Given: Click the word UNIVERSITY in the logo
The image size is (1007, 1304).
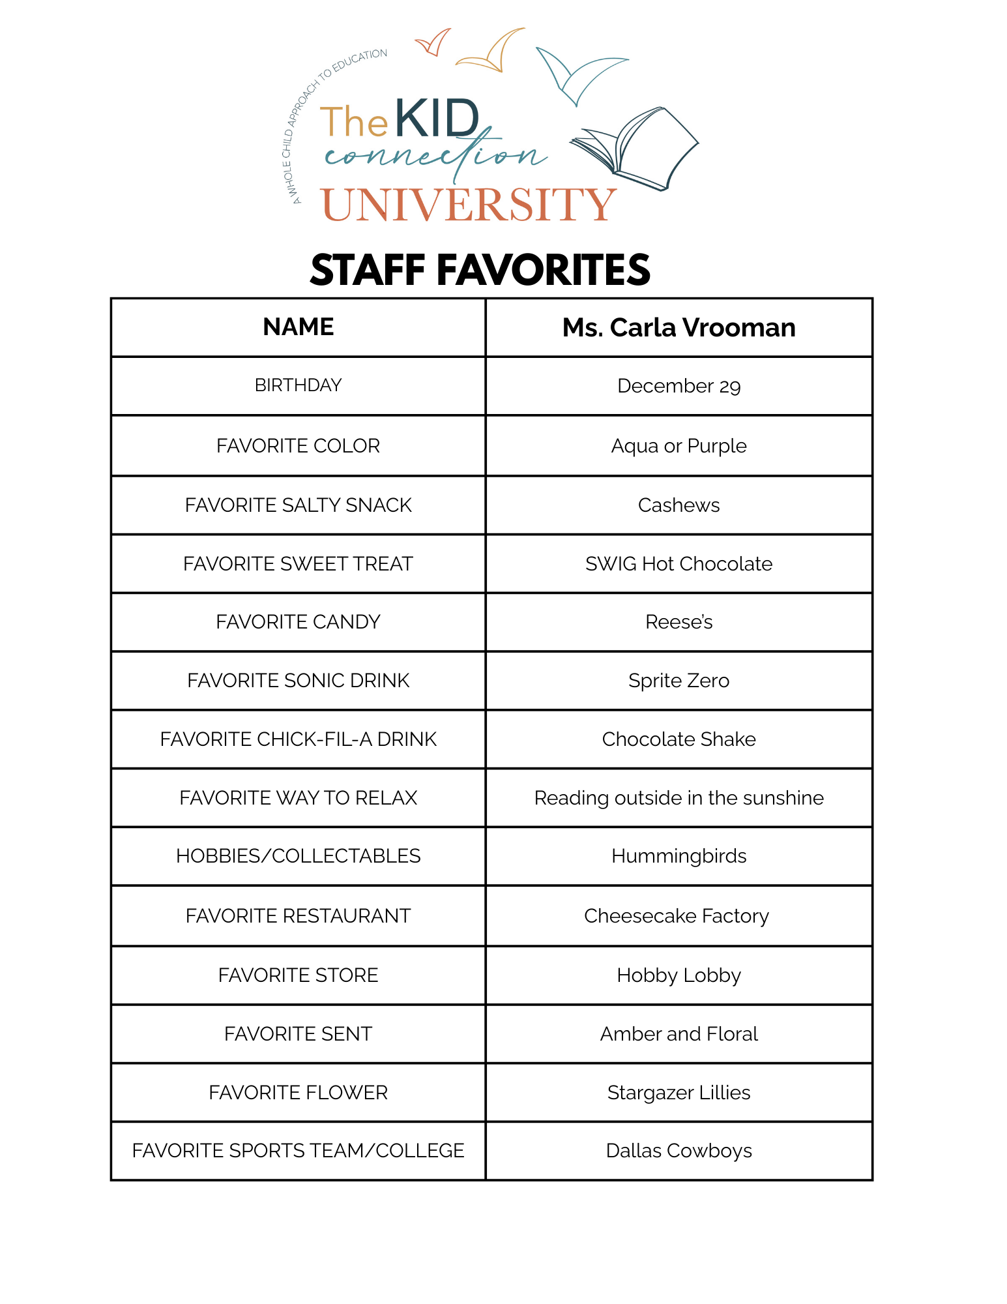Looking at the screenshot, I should pos(468,205).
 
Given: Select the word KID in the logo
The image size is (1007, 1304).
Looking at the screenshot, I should pos(437,119).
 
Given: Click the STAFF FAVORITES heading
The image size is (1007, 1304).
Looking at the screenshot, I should pos(480,270).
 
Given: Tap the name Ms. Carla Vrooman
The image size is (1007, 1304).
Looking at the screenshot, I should pos(679,327).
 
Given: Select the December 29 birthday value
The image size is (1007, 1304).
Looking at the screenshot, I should pos(679,386).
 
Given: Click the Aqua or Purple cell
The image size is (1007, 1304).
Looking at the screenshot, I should pos(679,446).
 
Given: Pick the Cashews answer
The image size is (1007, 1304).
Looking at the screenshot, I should pos(679,505).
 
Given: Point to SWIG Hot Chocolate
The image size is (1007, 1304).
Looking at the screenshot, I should pos(679,564).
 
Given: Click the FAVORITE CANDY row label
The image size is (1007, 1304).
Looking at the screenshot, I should pos(298,622).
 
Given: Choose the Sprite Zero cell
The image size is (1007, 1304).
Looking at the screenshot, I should pos(679,681).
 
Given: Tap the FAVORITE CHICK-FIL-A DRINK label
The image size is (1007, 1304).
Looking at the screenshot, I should pos(298,739).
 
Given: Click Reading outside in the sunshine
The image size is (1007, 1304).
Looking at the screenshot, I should pos(679,798).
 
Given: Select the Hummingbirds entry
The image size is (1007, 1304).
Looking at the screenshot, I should pos(679,856).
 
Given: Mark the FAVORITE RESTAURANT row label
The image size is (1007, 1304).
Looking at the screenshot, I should pos(298,916).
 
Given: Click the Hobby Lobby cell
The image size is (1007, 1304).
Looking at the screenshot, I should pos(679,975).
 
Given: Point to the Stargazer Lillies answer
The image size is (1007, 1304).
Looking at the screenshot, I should pos(679,1093).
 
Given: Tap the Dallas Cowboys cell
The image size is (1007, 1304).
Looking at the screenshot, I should pos(679,1151).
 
